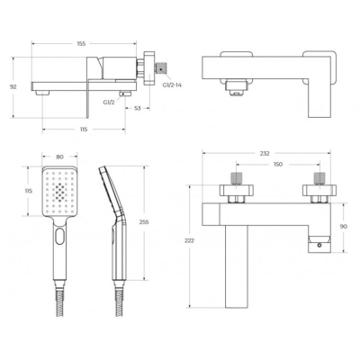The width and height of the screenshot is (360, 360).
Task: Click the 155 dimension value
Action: point(81,44)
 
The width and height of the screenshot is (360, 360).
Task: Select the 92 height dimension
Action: point(13,87)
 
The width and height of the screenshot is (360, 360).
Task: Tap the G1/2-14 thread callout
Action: point(172,85)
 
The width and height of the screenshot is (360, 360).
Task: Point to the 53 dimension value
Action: point(137,108)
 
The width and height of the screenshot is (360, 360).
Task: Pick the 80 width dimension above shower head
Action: point(59,157)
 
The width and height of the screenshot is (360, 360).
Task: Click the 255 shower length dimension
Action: point(144,222)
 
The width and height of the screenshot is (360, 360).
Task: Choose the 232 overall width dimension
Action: point(265,154)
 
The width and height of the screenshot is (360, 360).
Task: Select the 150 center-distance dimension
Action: point(278,165)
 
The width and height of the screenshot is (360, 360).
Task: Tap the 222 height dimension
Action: point(190,240)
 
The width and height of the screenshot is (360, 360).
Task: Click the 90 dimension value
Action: point(344,227)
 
